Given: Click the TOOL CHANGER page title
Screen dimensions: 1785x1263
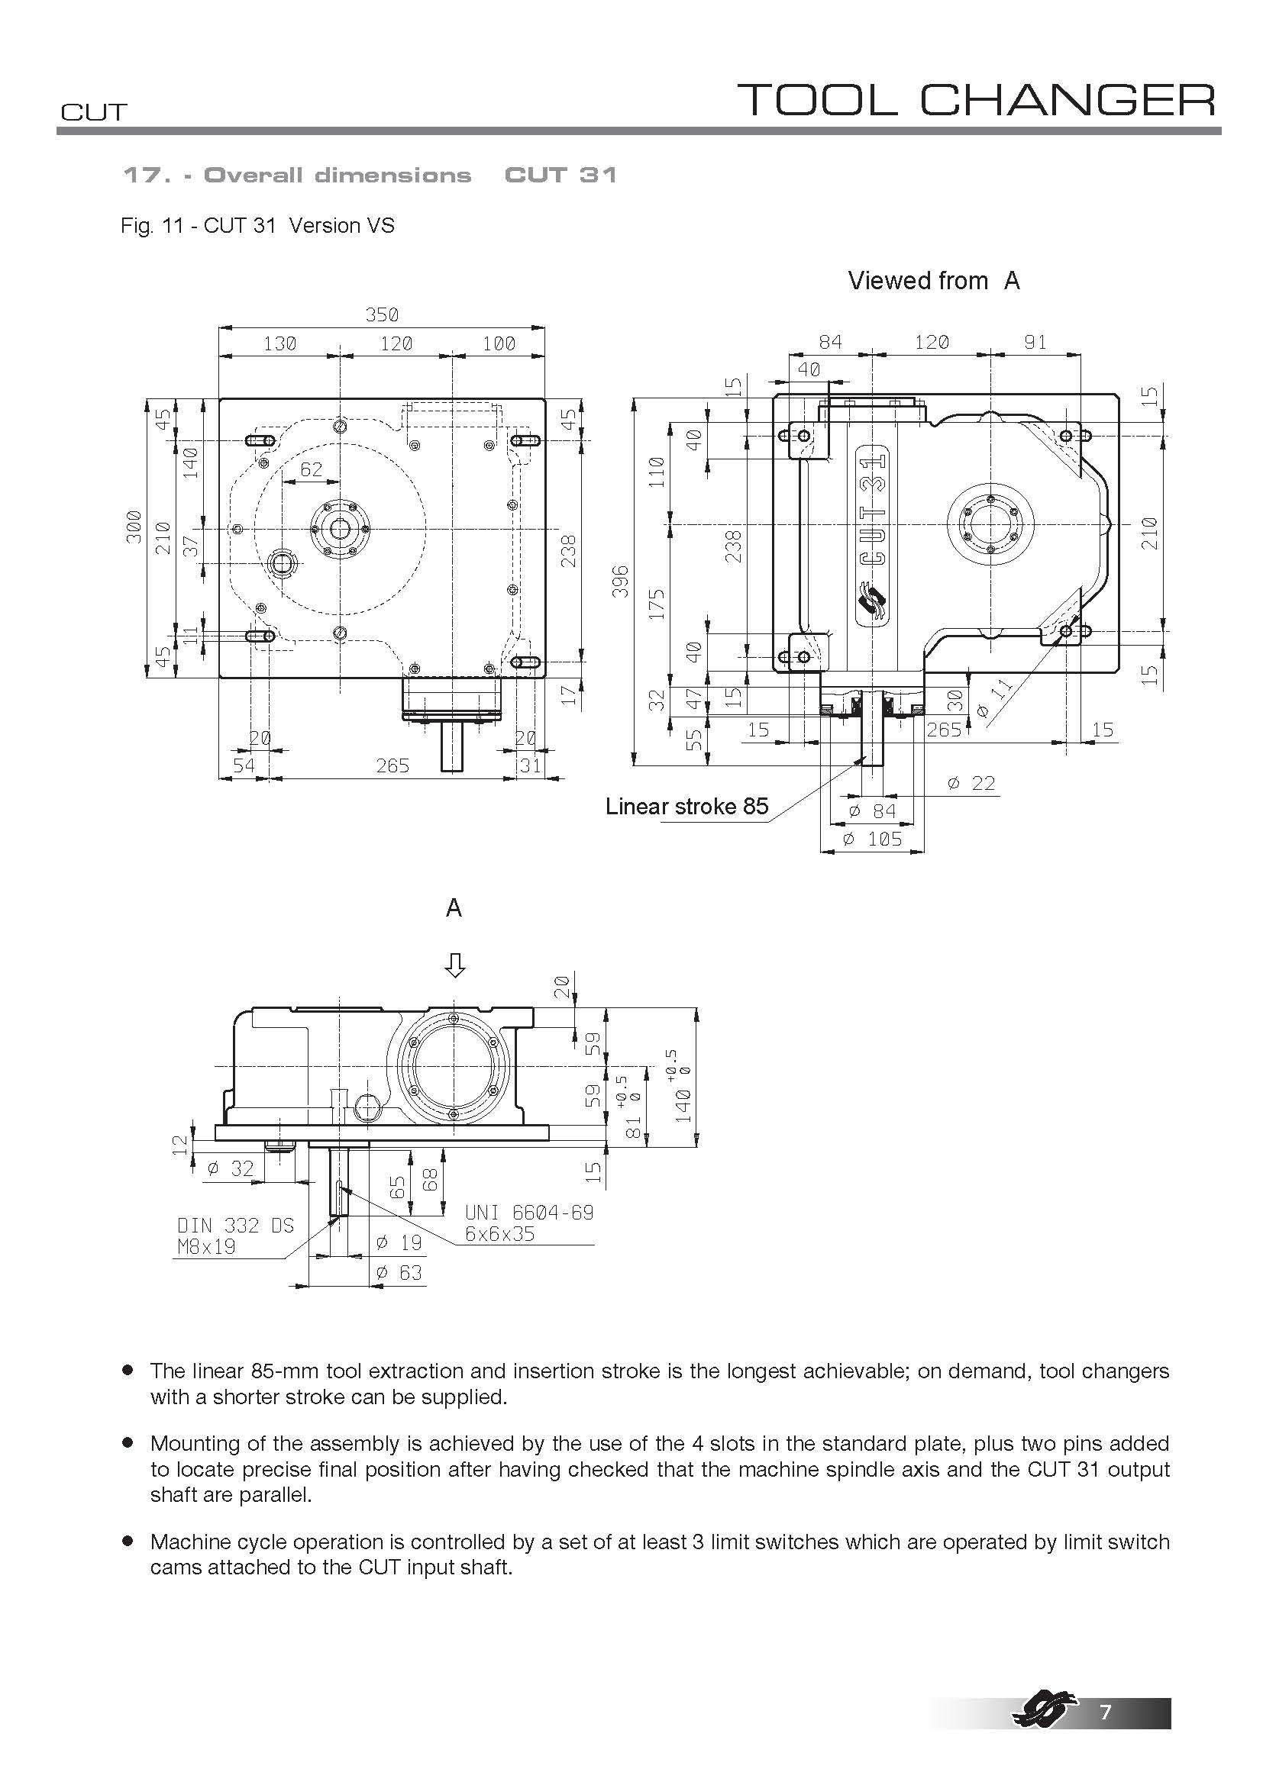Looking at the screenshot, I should click(x=975, y=100).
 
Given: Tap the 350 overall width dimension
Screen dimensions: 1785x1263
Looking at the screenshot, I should click(x=381, y=315).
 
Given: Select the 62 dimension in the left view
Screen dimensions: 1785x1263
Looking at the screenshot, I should click(x=311, y=469).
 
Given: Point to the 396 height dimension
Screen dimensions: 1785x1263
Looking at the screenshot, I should click(x=620, y=581).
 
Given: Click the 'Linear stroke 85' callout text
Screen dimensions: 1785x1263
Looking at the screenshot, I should click(x=686, y=806).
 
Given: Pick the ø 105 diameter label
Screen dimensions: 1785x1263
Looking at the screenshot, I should click(x=874, y=839).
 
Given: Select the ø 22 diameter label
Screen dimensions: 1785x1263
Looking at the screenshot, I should click(x=971, y=783).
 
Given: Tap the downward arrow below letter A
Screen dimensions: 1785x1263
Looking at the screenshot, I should click(x=454, y=965).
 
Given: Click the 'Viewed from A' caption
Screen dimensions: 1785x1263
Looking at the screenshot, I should click(x=933, y=281).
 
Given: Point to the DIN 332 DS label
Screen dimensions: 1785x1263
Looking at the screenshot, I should click(x=236, y=1226).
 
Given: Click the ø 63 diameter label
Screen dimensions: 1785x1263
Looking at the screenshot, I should click(x=399, y=1273).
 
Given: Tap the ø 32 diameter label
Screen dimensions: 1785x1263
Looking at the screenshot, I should click(x=231, y=1168).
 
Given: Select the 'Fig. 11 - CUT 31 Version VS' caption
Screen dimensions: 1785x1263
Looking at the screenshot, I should click(x=257, y=225).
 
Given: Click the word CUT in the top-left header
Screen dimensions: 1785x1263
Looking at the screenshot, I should click(x=93, y=112).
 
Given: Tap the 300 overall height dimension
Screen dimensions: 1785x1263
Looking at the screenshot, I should click(x=134, y=527).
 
